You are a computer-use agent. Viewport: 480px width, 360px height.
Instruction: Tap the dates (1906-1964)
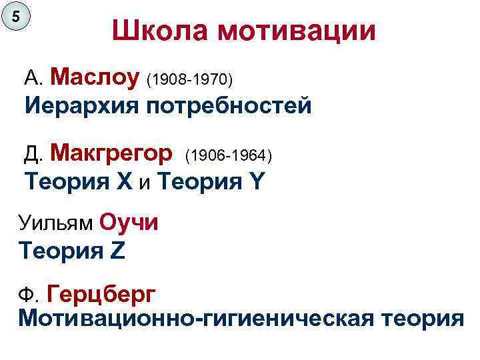(x=229, y=155)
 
